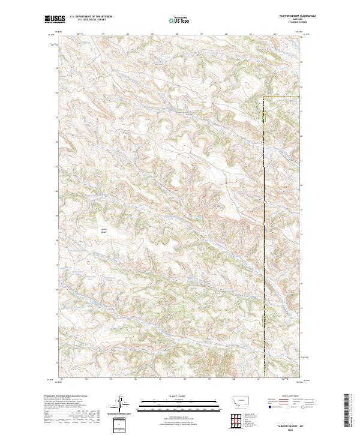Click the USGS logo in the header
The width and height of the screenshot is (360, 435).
54,19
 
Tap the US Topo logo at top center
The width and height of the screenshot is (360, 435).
177,20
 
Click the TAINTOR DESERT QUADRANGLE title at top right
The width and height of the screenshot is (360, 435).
285,17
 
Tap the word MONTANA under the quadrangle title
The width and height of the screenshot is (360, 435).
285,20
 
